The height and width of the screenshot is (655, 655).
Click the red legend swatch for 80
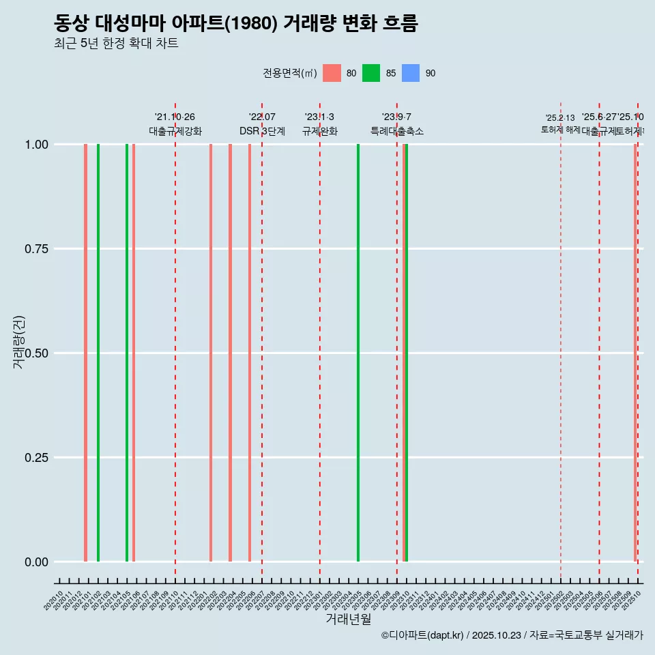tap(332, 73)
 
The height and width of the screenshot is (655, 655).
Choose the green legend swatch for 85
tap(371, 73)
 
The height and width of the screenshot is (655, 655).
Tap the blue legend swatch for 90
tap(411, 73)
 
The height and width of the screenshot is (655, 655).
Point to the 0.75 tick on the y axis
tap(35, 248)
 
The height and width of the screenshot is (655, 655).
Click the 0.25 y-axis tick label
tap(35, 457)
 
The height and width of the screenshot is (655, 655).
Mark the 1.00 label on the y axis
tap(35, 144)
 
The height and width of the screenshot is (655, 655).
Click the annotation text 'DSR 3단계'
tap(262, 131)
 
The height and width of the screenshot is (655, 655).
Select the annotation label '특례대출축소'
tap(397, 131)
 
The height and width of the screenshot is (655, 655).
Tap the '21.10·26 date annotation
tap(175, 117)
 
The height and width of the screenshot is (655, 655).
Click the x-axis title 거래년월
tap(349, 619)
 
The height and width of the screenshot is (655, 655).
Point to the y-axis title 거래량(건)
tap(19, 341)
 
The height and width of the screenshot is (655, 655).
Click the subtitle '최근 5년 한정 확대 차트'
tap(116, 44)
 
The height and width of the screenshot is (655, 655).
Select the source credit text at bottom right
tap(512, 635)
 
